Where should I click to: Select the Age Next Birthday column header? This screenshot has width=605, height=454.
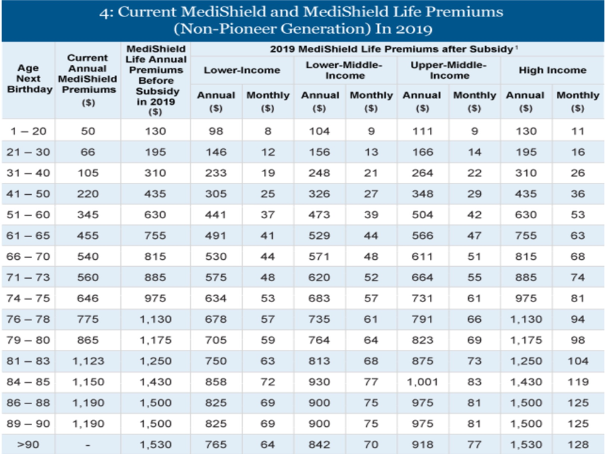point(28,79)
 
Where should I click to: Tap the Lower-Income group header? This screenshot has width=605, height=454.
point(241,70)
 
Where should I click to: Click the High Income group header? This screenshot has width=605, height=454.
point(552,70)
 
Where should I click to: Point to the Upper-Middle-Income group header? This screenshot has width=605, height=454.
point(448,70)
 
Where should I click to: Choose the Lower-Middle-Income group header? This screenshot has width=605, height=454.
point(345,70)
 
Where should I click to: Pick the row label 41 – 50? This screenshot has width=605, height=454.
point(28,194)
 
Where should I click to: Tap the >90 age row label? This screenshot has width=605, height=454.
point(28,445)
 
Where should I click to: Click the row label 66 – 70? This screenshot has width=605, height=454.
point(28,257)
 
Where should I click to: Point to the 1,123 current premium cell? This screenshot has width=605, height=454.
point(88,361)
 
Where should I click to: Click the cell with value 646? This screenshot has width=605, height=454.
point(88,298)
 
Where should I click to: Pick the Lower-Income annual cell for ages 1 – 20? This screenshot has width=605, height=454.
point(216,131)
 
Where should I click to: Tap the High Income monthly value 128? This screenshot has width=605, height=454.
point(577,445)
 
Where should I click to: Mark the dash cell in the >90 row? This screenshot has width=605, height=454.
point(88,445)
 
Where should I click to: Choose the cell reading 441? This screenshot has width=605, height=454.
point(216,214)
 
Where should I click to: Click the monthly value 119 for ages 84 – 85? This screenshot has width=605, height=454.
point(577,382)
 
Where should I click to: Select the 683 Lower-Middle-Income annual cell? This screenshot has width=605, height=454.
point(319,298)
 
